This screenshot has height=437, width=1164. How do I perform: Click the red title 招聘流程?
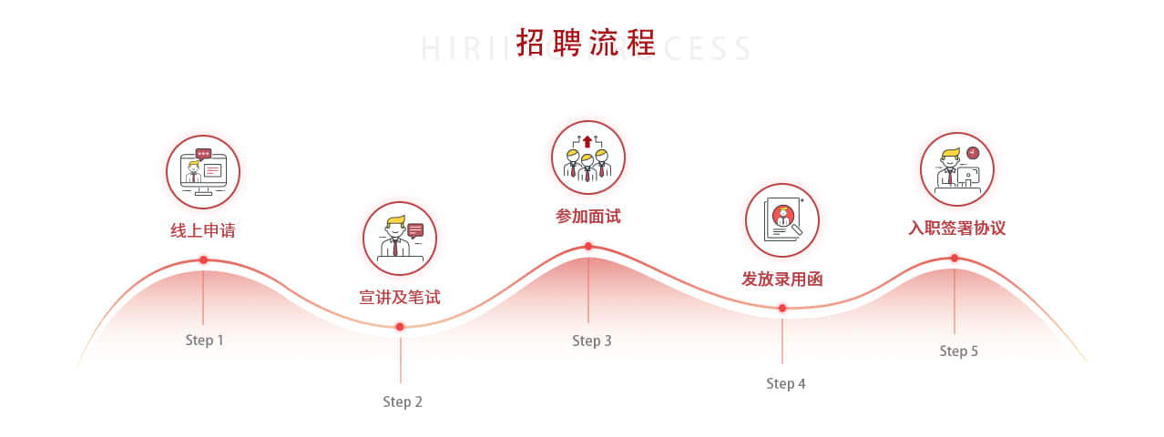point(586,43)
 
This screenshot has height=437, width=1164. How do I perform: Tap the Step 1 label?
point(204,340)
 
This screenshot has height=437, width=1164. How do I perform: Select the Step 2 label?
point(402,401)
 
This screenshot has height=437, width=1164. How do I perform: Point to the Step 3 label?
point(591,340)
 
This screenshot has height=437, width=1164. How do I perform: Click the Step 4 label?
point(785,383)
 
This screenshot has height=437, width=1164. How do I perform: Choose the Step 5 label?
point(958,351)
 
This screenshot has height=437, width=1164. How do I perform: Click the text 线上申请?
point(203,230)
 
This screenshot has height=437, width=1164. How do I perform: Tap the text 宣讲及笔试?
point(400,297)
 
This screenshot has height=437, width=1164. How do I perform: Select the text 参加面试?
point(587,216)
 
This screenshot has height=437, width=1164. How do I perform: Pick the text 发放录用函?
point(781,279)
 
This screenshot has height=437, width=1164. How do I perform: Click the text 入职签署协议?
point(956,228)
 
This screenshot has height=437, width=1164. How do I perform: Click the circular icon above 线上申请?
point(203,172)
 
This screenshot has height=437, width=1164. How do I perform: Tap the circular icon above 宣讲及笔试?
point(400,239)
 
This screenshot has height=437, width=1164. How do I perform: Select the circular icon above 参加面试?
point(588,158)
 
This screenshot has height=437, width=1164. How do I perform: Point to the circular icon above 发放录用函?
point(782,220)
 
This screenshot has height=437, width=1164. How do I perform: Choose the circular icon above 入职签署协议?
point(956,169)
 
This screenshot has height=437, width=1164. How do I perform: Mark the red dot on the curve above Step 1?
point(203,260)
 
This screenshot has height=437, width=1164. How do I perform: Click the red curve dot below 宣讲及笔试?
point(400,327)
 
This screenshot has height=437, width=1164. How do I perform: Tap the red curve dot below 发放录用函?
point(781,308)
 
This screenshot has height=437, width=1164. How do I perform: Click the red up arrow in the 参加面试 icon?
point(587,141)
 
